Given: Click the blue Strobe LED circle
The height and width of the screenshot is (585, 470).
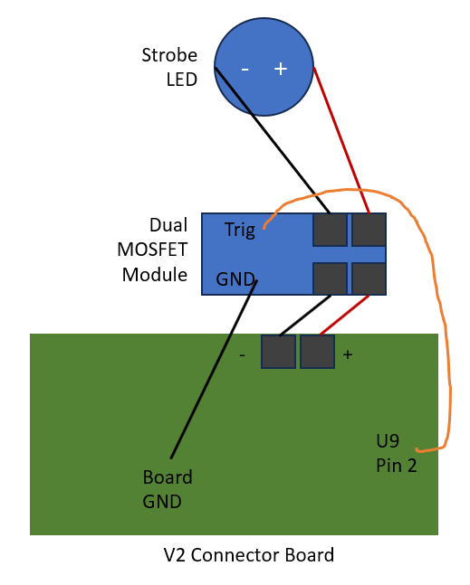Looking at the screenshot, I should (264, 67).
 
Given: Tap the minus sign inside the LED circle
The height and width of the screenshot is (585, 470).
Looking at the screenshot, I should (245, 69).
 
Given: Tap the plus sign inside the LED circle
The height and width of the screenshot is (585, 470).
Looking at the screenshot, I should (281, 68).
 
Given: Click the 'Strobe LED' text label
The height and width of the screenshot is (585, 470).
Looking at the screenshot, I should (168, 67).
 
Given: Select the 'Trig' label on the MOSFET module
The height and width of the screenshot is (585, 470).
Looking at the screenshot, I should (240, 230).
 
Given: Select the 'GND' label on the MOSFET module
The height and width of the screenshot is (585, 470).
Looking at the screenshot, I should (235, 279).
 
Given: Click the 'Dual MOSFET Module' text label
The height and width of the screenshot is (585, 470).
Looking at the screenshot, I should (155, 249).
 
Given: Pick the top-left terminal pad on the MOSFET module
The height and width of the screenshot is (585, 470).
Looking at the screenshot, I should (330, 230).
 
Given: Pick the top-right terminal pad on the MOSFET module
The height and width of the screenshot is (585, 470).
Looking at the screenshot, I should (369, 230).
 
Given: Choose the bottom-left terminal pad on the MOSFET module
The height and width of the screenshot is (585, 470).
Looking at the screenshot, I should (330, 278).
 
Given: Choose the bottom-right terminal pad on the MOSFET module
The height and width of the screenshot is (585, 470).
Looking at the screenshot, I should (369, 278).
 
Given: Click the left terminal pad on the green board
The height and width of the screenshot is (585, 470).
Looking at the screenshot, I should (279, 351).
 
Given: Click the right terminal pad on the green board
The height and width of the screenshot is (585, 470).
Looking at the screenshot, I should (317, 351).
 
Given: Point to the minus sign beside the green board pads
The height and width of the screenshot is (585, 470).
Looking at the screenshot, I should (242, 355).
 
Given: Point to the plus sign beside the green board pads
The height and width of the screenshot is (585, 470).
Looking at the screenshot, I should (348, 355).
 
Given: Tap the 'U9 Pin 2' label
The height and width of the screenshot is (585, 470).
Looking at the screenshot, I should (396, 455).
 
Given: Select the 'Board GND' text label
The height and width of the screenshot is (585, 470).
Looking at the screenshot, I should (168, 488).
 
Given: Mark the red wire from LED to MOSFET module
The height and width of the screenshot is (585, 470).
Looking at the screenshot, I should (341, 140).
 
